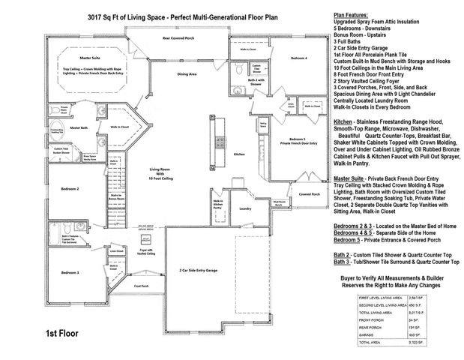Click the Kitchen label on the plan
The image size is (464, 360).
tap(239, 153)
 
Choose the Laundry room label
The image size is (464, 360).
tap(243, 208)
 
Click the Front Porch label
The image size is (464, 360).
tap(140, 286)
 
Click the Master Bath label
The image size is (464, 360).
tap(79, 128)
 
